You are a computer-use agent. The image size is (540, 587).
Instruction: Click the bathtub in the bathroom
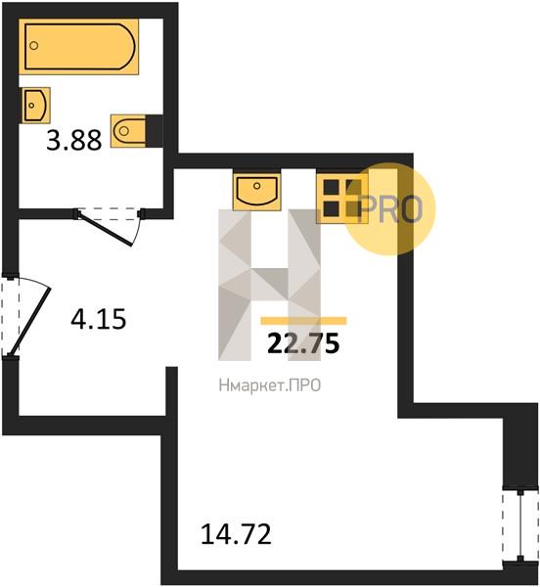tap(78, 47)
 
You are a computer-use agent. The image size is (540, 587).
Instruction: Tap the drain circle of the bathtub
tap(33, 46)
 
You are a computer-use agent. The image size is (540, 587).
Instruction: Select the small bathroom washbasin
tap(36, 106)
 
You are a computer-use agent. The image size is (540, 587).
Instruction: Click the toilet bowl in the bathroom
tap(128, 131)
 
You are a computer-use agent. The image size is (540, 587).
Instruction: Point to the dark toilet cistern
tap(155, 131)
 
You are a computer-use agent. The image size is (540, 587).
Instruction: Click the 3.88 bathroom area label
tap(74, 140)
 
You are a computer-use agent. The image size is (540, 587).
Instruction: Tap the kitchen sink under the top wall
tap(256, 190)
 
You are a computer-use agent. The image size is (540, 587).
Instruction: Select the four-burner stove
tap(342, 198)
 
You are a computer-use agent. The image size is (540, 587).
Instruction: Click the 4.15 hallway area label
tap(99, 319)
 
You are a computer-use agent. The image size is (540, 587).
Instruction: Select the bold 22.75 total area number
tap(303, 343)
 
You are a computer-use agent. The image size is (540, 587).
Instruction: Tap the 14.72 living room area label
tap(236, 534)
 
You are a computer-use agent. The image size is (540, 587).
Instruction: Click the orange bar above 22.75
tap(303, 321)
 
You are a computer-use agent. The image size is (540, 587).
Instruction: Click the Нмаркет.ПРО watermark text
tap(270, 385)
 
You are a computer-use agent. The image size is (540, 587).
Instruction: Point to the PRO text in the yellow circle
tap(390, 209)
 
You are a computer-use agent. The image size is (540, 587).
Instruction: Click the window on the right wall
tap(520, 524)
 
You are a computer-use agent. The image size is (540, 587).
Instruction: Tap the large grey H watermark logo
tap(269, 285)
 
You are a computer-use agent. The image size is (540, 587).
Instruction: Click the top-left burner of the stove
tap(332, 187)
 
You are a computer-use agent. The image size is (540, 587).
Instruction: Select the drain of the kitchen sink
tap(256, 186)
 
